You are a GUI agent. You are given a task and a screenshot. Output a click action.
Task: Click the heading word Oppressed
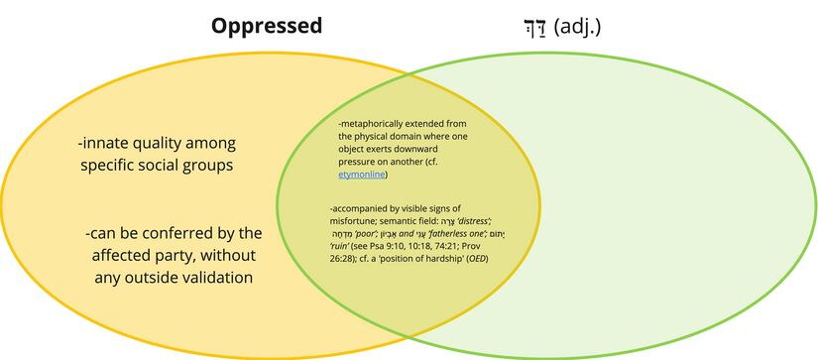pyautogui.click(x=266, y=26)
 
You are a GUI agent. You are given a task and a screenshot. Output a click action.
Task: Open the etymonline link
pyautogui.click(x=362, y=175)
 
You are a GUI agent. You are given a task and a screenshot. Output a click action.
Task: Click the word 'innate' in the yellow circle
pyautogui.click(x=111, y=142)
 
